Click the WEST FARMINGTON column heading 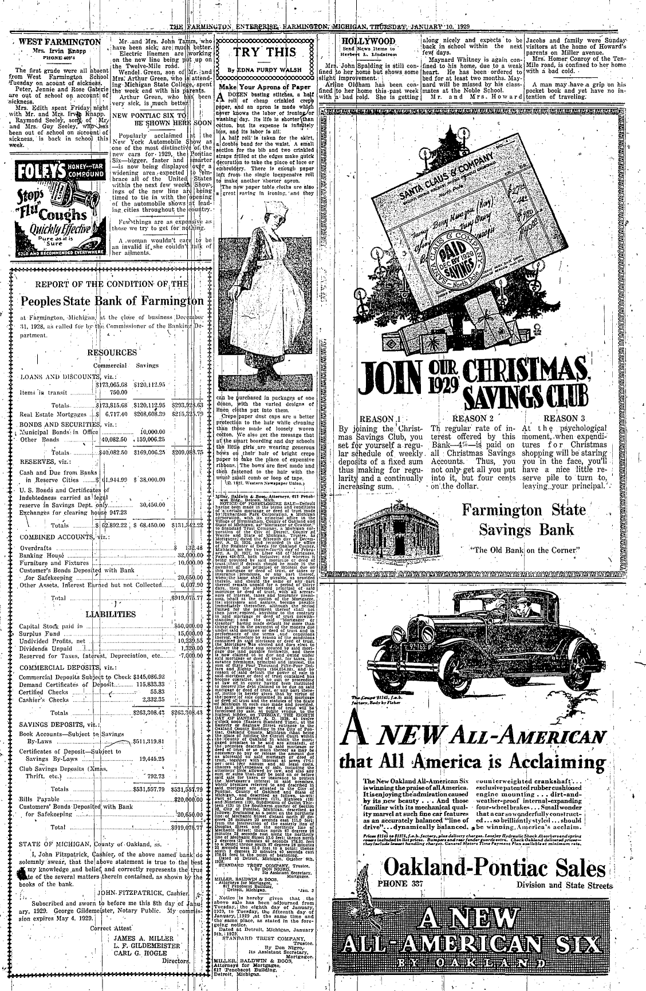point(60,42)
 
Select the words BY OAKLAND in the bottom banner point(474,958)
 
